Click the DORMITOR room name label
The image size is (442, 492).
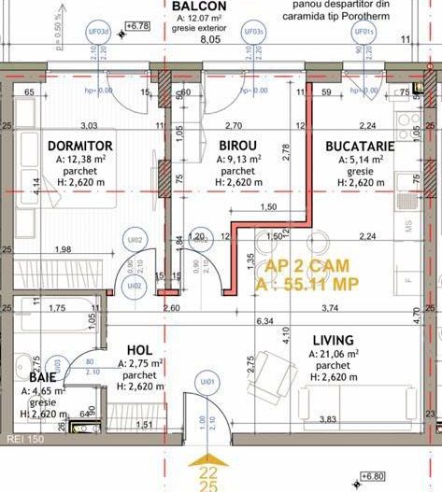click(79, 147)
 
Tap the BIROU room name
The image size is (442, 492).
click(238, 147)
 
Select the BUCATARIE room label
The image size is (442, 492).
click(360, 147)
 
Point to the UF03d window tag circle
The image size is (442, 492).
click(98, 32)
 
